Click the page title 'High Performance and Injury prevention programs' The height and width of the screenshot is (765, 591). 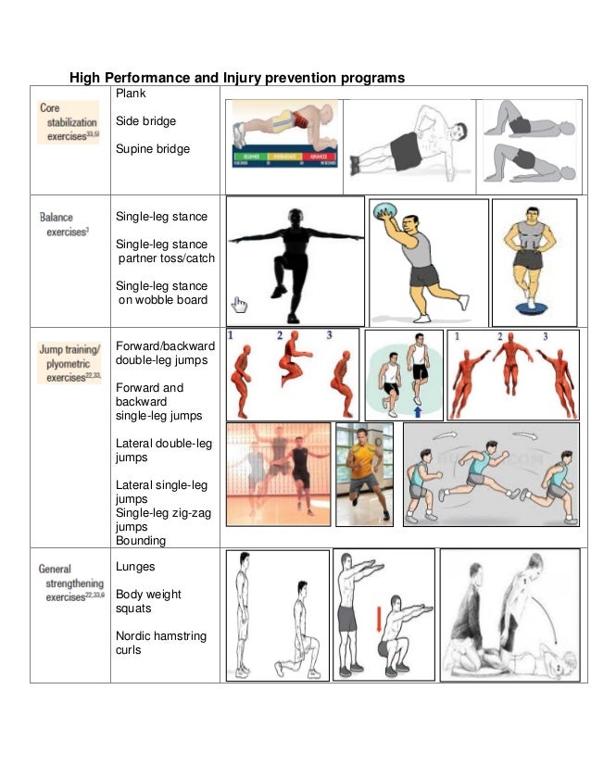tap(238, 78)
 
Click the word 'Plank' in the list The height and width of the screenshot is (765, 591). tap(131, 94)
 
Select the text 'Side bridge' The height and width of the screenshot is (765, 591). tap(145, 121)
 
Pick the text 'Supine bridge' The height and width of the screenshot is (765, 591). tap(152, 149)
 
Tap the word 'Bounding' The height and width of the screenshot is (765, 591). tap(141, 540)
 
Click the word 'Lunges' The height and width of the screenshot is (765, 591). tap(135, 566)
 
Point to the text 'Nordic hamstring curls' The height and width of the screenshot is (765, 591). tap(160, 643)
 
